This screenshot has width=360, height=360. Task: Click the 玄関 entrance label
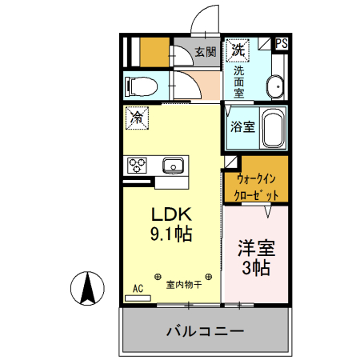pos(206,53)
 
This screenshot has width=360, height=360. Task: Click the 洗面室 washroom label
pos(238,81)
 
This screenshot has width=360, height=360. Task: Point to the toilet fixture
pos(145,85)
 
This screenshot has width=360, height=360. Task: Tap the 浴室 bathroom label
pos(243,126)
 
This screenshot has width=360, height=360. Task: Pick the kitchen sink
pos(173,166)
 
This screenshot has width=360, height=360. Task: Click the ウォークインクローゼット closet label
pos(256,187)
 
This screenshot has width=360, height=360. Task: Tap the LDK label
pos(171,214)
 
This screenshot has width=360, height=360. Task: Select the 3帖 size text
pos(256,267)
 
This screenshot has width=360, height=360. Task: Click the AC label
pos(138,287)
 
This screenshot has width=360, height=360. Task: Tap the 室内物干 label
pos(182,284)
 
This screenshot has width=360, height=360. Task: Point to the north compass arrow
pos(89,288)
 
